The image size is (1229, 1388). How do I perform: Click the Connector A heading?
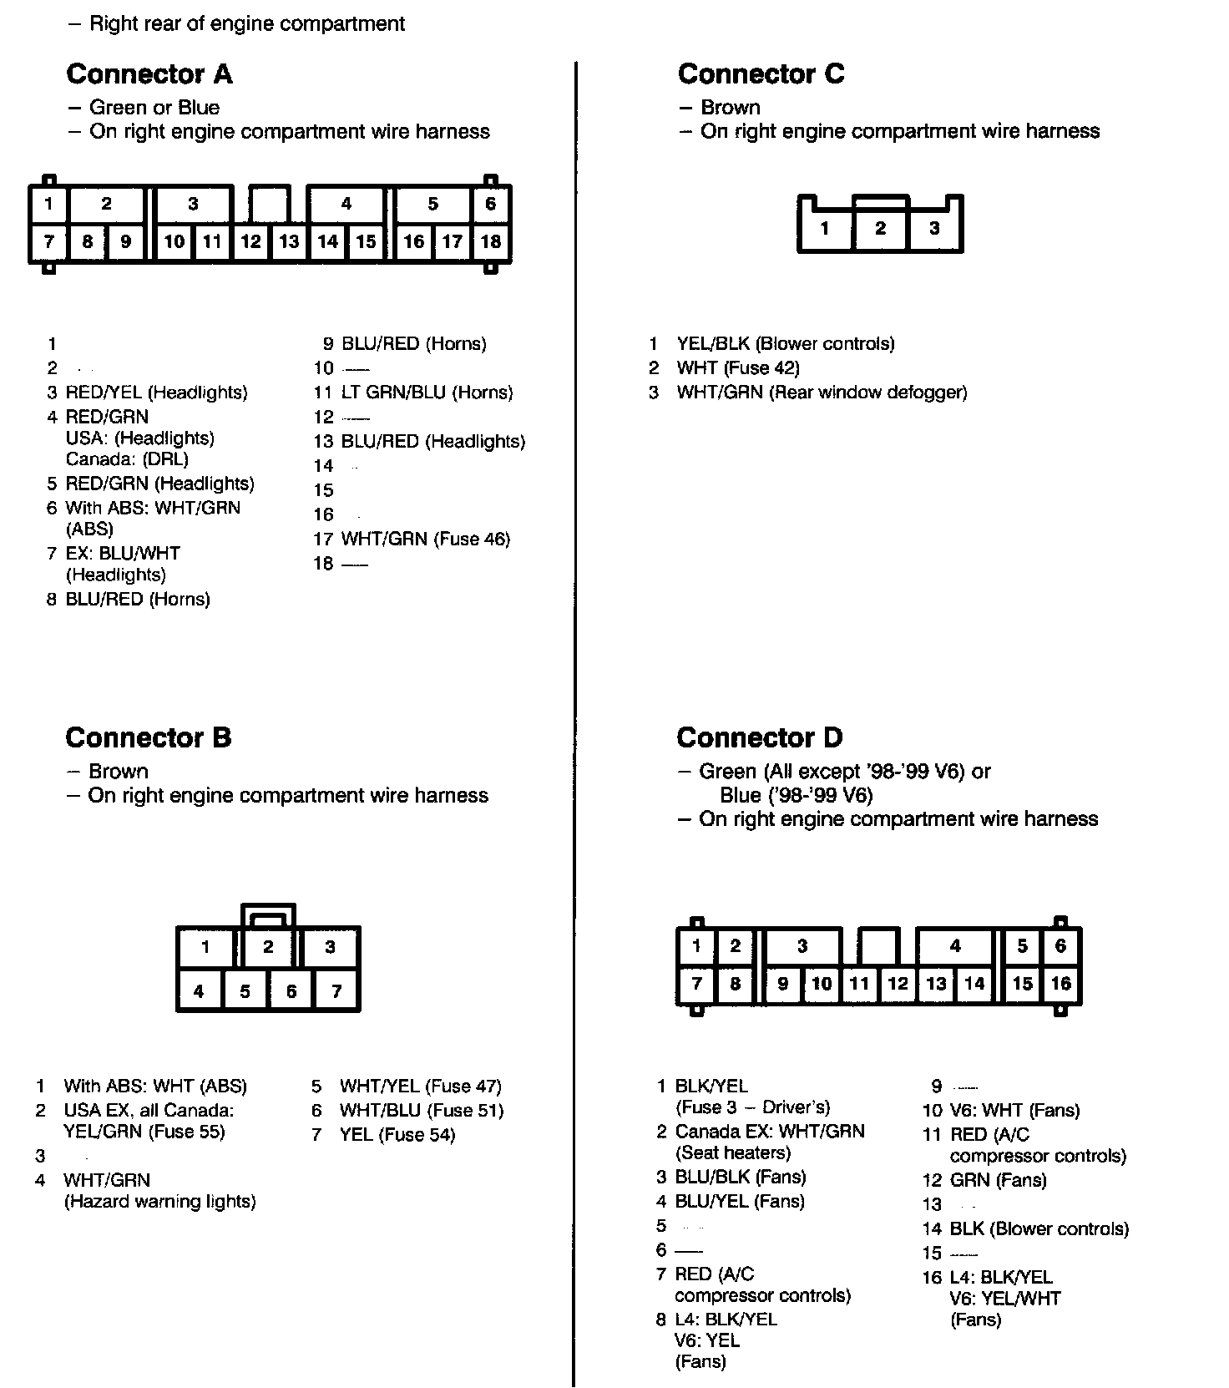click(149, 74)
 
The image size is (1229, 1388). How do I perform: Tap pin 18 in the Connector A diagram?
click(491, 242)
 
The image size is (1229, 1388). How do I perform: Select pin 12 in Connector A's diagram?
click(250, 242)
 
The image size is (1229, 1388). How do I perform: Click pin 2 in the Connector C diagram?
click(880, 228)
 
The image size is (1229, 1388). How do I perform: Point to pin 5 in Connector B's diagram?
click(245, 991)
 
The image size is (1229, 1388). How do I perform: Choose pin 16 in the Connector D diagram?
click(1060, 984)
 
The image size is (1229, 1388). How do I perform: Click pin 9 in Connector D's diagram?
click(782, 984)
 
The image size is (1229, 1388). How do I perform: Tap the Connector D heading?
click(759, 738)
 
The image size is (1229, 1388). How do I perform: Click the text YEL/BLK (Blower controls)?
click(785, 344)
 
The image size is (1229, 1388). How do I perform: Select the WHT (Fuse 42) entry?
click(737, 368)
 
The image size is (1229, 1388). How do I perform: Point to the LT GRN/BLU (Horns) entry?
click(427, 393)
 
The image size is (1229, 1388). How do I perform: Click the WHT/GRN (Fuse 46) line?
click(425, 539)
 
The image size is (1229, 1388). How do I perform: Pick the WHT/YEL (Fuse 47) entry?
click(420, 1087)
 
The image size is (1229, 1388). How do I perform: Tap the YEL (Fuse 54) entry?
click(397, 1135)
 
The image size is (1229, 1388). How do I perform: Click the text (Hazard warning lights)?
click(159, 1202)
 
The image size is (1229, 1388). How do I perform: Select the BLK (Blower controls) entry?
click(1039, 1229)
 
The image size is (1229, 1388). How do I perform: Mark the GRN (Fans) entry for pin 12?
click(998, 1181)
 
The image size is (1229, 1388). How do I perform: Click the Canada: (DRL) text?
click(127, 459)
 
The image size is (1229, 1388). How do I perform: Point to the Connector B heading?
click(148, 738)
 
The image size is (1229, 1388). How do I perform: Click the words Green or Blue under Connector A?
click(154, 108)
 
